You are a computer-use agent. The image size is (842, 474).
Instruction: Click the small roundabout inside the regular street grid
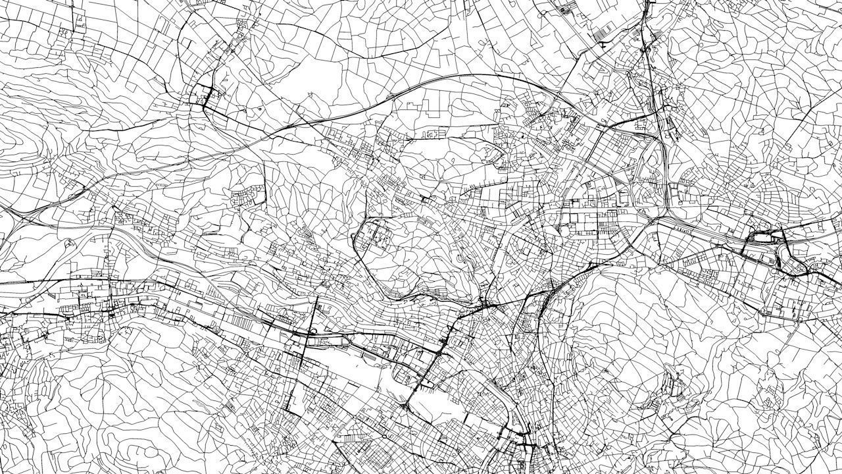[x=384, y=436]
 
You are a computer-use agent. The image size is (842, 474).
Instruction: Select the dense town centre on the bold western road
[x=99, y=306]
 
